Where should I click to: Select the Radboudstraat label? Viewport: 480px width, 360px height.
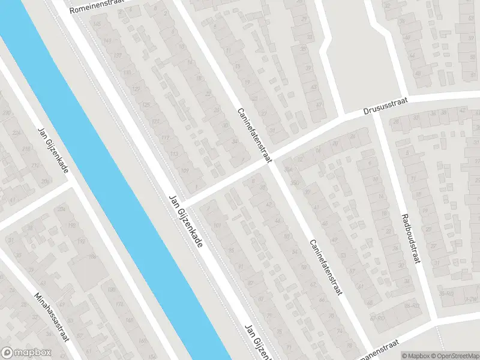(411, 239)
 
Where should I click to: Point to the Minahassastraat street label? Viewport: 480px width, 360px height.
(52, 317)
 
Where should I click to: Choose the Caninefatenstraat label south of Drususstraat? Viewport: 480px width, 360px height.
(325, 267)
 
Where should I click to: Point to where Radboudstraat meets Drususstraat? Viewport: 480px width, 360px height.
(376, 112)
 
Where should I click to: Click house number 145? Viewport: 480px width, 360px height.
(96, 24)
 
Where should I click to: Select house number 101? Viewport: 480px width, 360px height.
(216, 226)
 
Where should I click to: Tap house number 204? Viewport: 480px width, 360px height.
(61, 209)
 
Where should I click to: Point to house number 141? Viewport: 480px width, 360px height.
(107, 41)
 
